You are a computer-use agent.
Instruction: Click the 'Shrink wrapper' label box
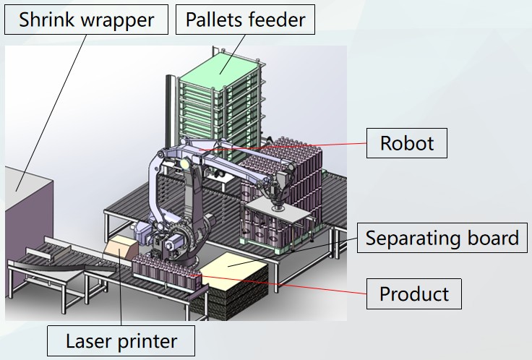click(x=87, y=20)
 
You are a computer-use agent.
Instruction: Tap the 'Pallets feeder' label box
click(x=245, y=20)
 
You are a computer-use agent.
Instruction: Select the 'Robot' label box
click(x=407, y=143)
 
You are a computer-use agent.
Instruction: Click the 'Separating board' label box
click(x=442, y=238)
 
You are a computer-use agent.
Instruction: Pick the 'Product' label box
click(x=414, y=294)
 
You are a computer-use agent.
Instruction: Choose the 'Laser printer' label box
click(x=121, y=340)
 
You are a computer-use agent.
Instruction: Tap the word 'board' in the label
click(x=492, y=238)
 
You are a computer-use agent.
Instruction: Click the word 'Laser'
click(x=87, y=340)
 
